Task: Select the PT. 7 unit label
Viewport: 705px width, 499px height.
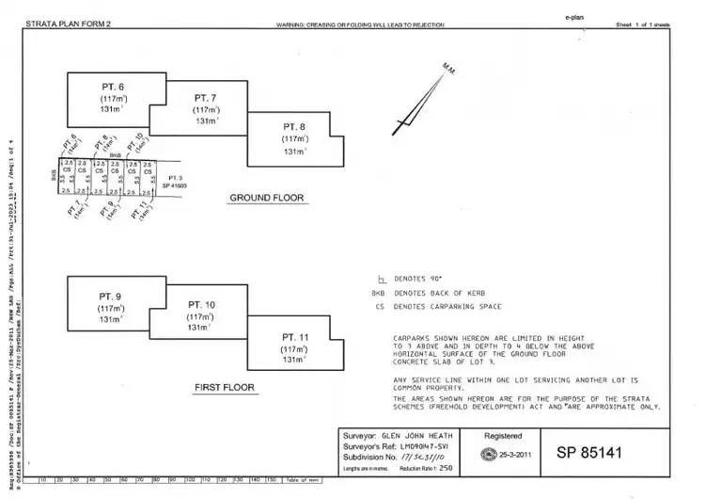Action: coord(205,97)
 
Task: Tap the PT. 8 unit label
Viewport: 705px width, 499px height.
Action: coord(294,126)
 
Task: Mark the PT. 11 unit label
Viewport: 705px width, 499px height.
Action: coord(295,336)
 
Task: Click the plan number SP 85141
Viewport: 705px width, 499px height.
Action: coord(603,453)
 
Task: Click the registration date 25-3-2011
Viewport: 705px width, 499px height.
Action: coord(516,454)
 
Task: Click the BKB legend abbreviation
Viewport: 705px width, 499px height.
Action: coord(379,294)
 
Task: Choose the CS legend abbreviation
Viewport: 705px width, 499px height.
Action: coord(379,307)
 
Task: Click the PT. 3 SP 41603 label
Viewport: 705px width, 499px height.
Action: coord(173,183)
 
